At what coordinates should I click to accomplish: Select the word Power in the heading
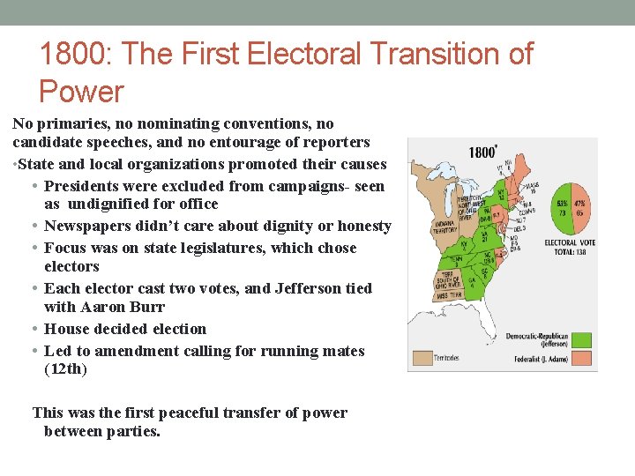click(x=82, y=91)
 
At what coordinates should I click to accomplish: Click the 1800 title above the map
click(x=482, y=152)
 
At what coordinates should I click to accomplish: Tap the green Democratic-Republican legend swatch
click(x=581, y=339)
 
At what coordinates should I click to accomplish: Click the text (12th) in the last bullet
click(x=65, y=369)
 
